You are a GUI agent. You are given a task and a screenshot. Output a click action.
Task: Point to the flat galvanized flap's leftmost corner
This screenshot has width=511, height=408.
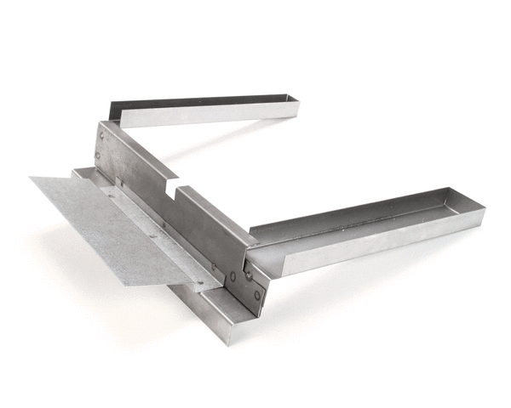31,178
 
